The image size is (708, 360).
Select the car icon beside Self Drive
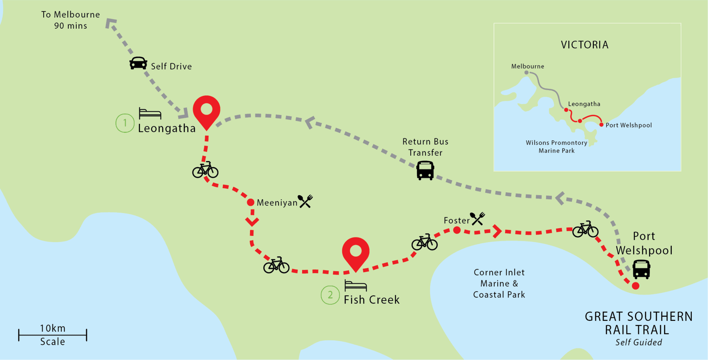(138, 63)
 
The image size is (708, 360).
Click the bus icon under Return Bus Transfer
(425, 170)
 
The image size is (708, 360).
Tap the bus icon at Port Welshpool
(641, 269)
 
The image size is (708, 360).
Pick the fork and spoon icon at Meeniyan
(306, 201)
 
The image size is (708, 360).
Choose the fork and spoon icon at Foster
(478, 219)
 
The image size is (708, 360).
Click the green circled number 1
(125, 123)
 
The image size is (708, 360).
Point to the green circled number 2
(330, 295)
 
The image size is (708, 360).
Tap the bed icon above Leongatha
(150, 113)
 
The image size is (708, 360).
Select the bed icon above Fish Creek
(355, 286)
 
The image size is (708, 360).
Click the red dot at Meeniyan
(251, 202)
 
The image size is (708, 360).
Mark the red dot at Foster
(457, 230)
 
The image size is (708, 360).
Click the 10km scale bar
(53, 335)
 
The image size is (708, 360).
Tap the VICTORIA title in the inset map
(585, 45)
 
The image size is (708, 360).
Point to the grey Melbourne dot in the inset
(526, 73)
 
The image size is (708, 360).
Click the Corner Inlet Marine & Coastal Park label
(499, 284)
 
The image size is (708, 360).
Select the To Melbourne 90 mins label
(71, 20)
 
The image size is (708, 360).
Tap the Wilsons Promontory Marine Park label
(556, 147)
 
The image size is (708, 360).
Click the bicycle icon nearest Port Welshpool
(585, 229)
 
